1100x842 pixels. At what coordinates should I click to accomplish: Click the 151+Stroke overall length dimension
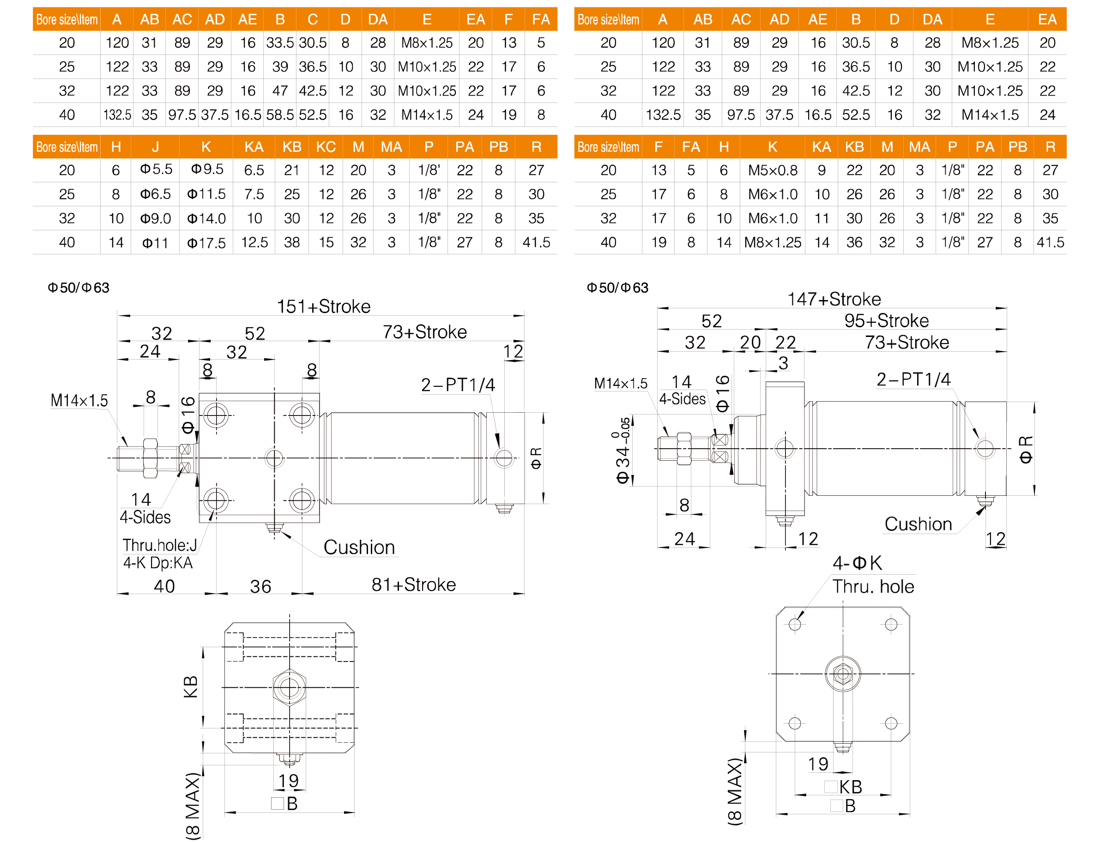tap(323, 306)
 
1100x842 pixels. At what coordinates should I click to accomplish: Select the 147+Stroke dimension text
tap(834, 299)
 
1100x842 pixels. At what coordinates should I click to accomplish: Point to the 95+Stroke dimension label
tap(886, 321)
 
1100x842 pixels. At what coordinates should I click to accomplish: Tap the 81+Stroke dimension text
tap(414, 584)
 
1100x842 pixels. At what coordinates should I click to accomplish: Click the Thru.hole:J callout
tap(159, 545)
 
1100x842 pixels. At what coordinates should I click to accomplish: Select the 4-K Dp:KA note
tap(158, 563)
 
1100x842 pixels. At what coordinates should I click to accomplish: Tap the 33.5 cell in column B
tap(280, 42)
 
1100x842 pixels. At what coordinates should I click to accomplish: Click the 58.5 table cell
tap(280, 115)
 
